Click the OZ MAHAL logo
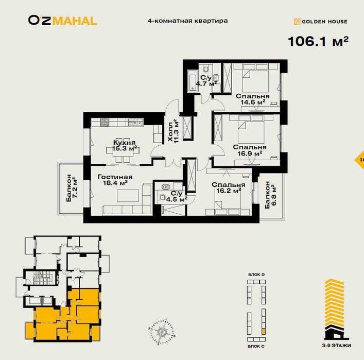[62, 21]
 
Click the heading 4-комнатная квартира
[187, 21]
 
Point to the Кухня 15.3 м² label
[125, 146]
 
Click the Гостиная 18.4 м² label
[115, 180]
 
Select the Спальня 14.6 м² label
[253, 99]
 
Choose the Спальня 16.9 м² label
[249, 149]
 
